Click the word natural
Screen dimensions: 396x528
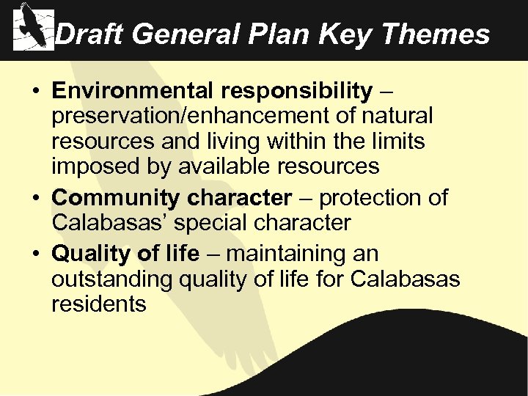point(396,116)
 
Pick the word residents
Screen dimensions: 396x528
point(99,304)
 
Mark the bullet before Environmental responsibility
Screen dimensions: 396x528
point(36,92)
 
